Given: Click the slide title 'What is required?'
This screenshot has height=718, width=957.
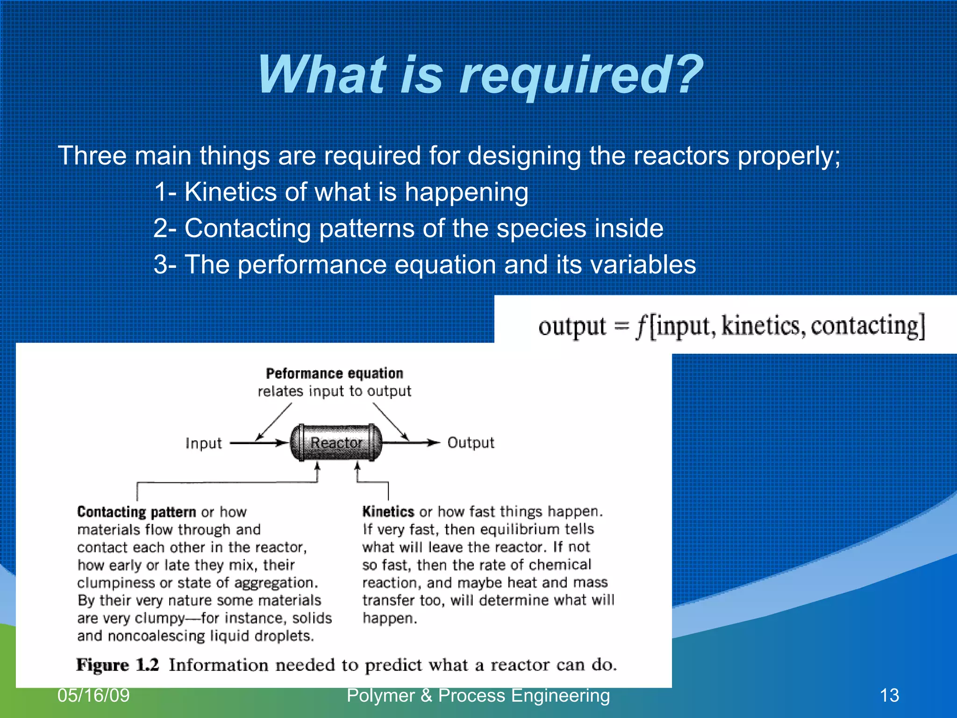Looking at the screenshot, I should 480,75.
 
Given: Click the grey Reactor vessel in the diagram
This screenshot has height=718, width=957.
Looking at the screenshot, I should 336,442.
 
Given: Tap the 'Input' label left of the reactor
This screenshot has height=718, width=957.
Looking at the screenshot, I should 203,443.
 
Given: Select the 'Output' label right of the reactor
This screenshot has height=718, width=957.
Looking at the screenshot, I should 471,442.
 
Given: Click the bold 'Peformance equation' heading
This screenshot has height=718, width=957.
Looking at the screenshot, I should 335,373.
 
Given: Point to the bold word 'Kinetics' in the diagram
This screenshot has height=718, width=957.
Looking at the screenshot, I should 388,511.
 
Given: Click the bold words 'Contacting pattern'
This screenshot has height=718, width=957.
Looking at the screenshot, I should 136,512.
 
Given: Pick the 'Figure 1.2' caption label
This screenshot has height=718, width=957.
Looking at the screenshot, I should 118,665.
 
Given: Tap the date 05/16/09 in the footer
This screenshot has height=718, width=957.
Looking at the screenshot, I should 93,696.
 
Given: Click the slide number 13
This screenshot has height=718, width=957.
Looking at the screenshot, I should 889,696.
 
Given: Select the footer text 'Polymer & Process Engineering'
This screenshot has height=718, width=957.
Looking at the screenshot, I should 478,696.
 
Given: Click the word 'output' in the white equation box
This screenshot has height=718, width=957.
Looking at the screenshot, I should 572,326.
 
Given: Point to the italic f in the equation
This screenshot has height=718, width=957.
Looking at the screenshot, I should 642,326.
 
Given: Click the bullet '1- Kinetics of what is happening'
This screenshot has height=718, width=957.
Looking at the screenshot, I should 341,192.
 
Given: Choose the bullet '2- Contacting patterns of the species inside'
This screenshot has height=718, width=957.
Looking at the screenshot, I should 408,229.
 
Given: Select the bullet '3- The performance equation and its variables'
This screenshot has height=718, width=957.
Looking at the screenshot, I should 425,265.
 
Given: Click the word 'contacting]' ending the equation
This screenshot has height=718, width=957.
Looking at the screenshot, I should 868,326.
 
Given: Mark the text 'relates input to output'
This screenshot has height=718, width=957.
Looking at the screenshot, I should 335,391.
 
